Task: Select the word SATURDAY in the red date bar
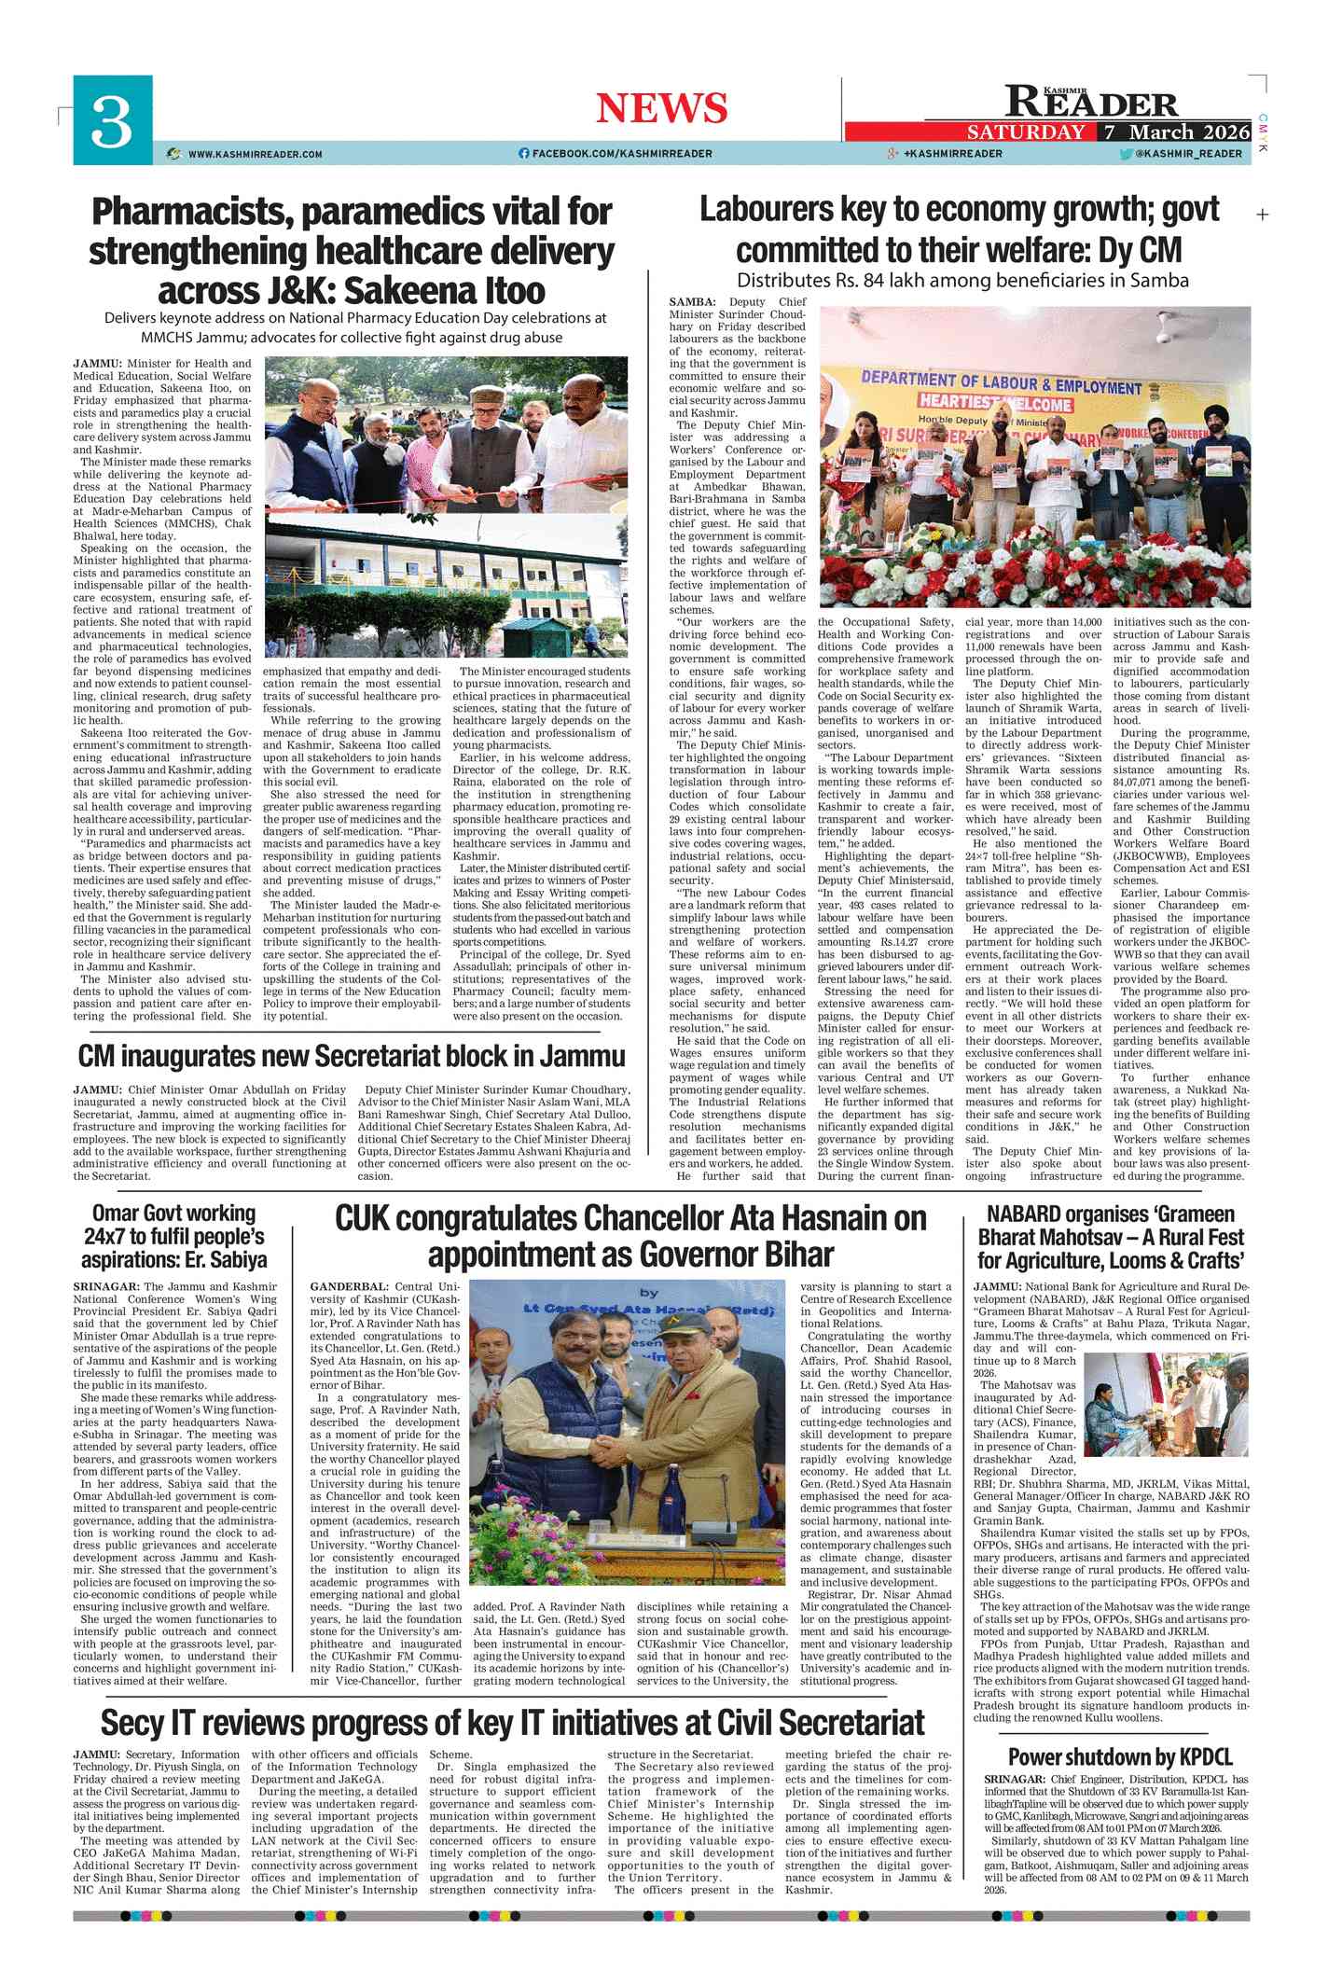click(1026, 132)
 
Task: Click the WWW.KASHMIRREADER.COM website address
click(255, 154)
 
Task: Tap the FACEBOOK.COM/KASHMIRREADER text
click(621, 154)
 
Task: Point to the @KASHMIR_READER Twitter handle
click(1188, 154)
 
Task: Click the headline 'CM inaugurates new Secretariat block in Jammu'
click(352, 1057)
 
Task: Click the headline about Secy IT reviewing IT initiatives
click(512, 1722)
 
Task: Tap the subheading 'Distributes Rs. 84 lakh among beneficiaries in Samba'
click(962, 281)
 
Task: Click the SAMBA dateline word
click(692, 302)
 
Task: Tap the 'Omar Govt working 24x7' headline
click(173, 1237)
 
